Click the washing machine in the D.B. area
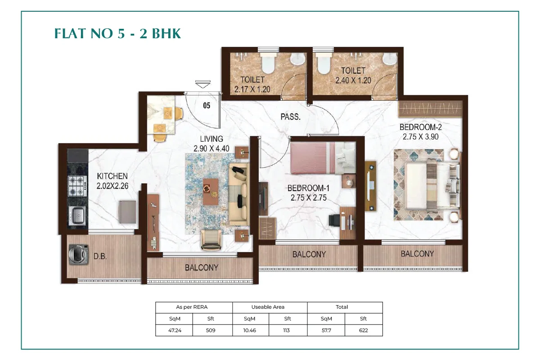(x=78, y=255)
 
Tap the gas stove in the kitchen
(x=77, y=186)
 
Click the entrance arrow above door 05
(x=203, y=84)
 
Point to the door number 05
(x=207, y=105)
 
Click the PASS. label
(x=291, y=117)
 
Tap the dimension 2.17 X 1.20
(x=252, y=90)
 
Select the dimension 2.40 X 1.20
(x=353, y=80)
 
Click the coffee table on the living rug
(x=211, y=192)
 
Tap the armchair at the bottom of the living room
(x=211, y=240)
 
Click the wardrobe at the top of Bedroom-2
(x=430, y=109)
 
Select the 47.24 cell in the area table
(x=175, y=330)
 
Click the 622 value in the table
(x=364, y=330)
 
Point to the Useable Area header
(x=268, y=307)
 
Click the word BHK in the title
(x=166, y=33)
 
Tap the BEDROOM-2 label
(x=420, y=127)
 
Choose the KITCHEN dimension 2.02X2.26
(x=112, y=186)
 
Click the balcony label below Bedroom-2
(x=417, y=254)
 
